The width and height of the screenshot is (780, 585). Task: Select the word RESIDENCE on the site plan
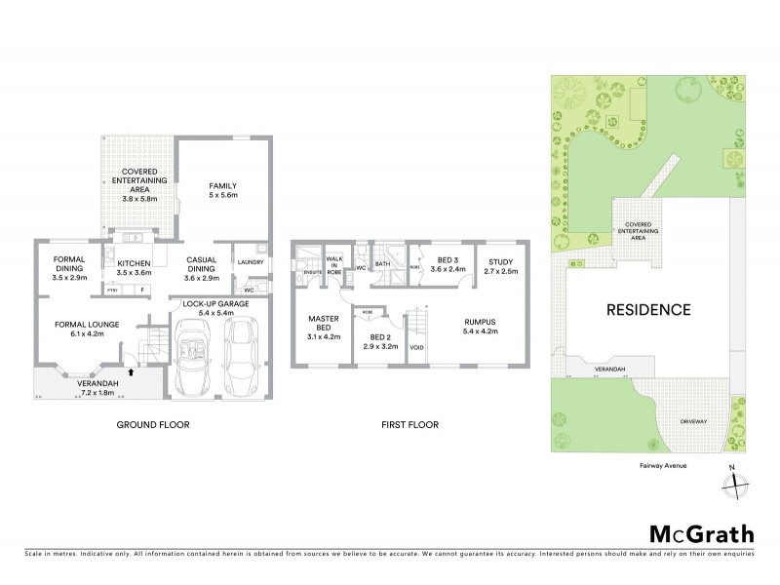coord(650,311)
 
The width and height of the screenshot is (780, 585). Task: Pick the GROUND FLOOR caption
coord(153,425)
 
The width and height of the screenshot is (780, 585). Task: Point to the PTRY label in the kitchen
coord(112,290)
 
